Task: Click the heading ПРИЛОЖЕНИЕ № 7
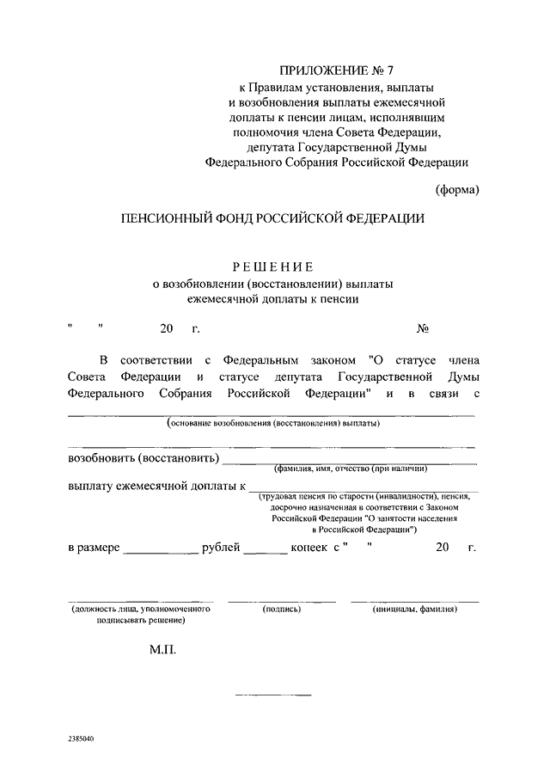click(x=336, y=70)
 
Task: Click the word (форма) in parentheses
click(x=456, y=189)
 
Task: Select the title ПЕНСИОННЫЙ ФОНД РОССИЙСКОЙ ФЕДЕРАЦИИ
click(x=273, y=219)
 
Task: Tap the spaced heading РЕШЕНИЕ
click(x=272, y=267)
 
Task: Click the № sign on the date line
click(x=422, y=328)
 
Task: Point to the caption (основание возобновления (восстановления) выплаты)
click(x=273, y=424)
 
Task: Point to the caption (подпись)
click(x=281, y=609)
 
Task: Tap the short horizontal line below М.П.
click(x=273, y=694)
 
